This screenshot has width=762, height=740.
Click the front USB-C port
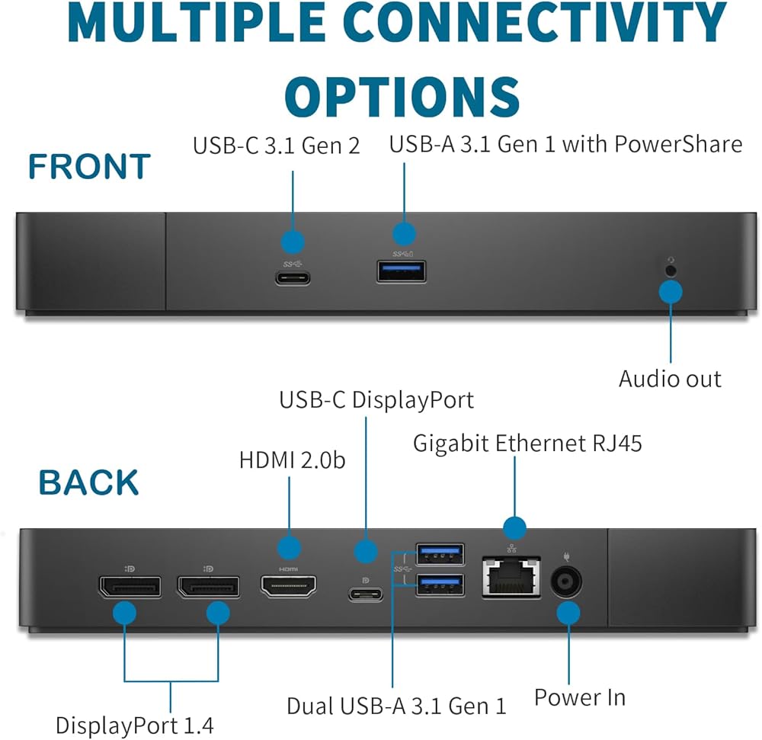[x=293, y=278]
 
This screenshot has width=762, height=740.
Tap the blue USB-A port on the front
[x=402, y=271]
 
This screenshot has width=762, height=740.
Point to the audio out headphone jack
[x=671, y=271]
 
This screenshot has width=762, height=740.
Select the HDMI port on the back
[x=289, y=586]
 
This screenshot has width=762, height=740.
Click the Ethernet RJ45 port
[x=511, y=577]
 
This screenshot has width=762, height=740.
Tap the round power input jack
[x=566, y=581]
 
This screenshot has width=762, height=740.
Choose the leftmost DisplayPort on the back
[x=130, y=587]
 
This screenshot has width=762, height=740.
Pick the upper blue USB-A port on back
[x=440, y=554]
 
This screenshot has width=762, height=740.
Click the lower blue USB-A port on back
[x=440, y=585]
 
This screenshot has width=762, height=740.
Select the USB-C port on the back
[x=366, y=594]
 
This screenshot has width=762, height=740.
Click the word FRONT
[x=89, y=166]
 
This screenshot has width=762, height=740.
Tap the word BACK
[x=89, y=482]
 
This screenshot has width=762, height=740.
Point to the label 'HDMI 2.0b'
[x=292, y=460]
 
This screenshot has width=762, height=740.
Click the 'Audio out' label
[x=670, y=379]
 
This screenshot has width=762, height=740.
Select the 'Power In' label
[x=580, y=697]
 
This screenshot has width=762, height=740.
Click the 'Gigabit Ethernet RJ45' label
[x=527, y=444]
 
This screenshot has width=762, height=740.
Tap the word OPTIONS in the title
[x=402, y=97]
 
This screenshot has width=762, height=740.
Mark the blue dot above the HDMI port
[x=289, y=549]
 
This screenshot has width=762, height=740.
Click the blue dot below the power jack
[x=568, y=613]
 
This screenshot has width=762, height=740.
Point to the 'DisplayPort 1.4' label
[x=135, y=726]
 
